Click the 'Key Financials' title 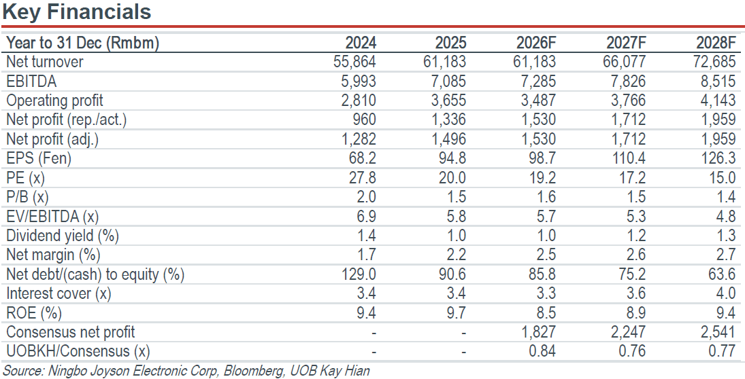[x=76, y=12]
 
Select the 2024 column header [x=360, y=43]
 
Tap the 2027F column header [x=626, y=43]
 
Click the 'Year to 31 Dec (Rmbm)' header [x=83, y=43]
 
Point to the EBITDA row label [x=31, y=82]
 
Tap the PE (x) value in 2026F [x=542, y=177]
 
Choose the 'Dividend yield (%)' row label [x=63, y=236]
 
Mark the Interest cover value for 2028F [x=726, y=293]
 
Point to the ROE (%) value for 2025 [x=456, y=313]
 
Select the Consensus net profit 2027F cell [x=628, y=332]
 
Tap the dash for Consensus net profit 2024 [x=374, y=333]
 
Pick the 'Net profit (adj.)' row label [x=53, y=139]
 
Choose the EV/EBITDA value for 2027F [x=635, y=216]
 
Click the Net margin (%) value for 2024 [x=366, y=255]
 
